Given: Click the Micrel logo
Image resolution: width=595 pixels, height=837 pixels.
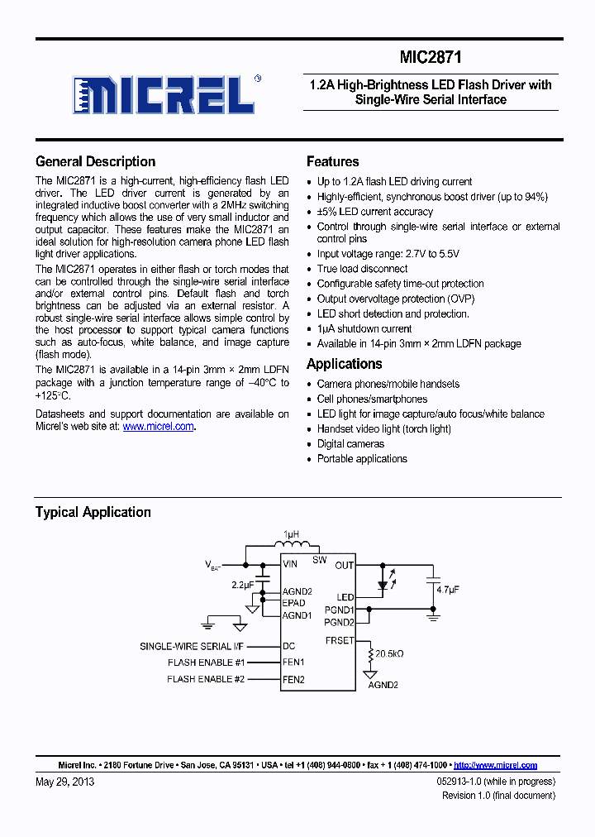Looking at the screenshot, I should click(x=164, y=94).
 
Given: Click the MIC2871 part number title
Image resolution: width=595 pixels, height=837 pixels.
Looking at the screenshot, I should click(x=431, y=58).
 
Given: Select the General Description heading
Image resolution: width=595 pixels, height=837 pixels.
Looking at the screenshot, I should click(x=95, y=161).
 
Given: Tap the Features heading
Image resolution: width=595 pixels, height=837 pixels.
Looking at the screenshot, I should click(x=332, y=161).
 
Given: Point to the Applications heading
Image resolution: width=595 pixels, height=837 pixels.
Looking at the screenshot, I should click(x=344, y=364).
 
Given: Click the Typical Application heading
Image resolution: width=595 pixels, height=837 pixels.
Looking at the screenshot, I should click(x=93, y=512).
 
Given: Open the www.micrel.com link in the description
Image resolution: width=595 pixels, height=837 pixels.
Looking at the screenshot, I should click(x=158, y=427).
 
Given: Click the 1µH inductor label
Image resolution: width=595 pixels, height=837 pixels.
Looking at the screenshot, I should click(x=291, y=535).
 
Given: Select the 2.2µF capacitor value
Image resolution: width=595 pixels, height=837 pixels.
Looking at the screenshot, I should click(x=242, y=586).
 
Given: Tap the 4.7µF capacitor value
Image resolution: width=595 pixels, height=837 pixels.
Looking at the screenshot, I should click(x=448, y=590).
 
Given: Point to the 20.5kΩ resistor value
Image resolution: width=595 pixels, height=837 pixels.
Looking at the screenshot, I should click(x=388, y=653).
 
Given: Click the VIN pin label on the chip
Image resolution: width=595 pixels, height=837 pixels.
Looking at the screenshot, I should click(x=290, y=565).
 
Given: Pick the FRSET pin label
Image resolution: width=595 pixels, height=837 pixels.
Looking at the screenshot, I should click(x=339, y=640).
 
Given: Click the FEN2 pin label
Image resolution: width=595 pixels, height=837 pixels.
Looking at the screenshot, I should click(x=293, y=679).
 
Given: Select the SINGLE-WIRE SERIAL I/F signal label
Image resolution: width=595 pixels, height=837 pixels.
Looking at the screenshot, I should click(x=193, y=646).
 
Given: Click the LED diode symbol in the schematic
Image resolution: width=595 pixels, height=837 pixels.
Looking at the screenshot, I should click(x=382, y=584).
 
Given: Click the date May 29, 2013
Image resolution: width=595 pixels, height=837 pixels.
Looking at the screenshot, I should click(x=64, y=782).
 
